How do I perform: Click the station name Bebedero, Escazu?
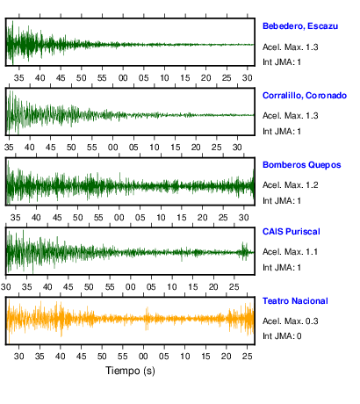[300, 26]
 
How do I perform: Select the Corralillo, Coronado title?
[305, 96]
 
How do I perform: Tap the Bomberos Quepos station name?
[302, 165]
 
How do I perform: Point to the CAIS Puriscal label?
[292, 232]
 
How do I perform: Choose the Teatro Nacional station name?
[295, 301]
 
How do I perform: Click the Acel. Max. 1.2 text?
[290, 185]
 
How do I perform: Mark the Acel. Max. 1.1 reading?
[290, 252]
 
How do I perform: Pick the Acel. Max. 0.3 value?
[290, 321]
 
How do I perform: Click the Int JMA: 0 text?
[282, 336]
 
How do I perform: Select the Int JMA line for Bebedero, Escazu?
[282, 62]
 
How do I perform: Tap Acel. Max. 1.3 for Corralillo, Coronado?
[290, 116]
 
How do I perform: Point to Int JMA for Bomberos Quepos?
[282, 201]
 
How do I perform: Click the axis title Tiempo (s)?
[130, 371]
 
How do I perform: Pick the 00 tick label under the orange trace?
[143, 357]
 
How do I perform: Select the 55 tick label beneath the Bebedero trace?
[102, 78]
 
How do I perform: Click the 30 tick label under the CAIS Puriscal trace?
[6, 287]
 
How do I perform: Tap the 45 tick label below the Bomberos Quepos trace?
[57, 218]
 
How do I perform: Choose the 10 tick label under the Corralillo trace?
[155, 148]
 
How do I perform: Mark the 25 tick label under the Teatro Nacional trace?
[247, 357]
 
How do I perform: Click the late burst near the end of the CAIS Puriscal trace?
[243, 251]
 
